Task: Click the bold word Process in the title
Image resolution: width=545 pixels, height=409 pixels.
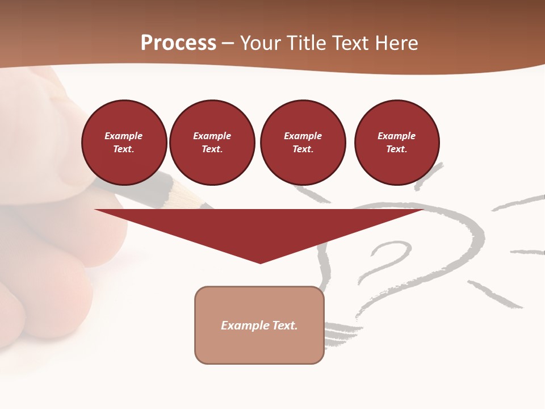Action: click(178, 43)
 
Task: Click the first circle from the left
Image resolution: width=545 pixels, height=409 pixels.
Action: click(124, 143)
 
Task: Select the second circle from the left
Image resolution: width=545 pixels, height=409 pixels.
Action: click(212, 143)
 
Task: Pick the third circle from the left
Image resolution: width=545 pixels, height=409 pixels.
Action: click(303, 143)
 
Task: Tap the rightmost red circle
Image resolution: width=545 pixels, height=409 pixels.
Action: click(396, 143)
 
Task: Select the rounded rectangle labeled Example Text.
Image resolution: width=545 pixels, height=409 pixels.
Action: click(259, 325)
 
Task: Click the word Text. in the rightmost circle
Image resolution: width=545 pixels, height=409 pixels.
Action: click(396, 149)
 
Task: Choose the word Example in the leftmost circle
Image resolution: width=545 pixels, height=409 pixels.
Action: click(124, 136)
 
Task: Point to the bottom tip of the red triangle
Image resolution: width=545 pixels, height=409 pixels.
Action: click(260, 262)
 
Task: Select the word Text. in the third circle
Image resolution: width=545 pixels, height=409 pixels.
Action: click(303, 149)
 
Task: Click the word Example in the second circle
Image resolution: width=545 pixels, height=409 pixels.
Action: click(212, 136)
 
